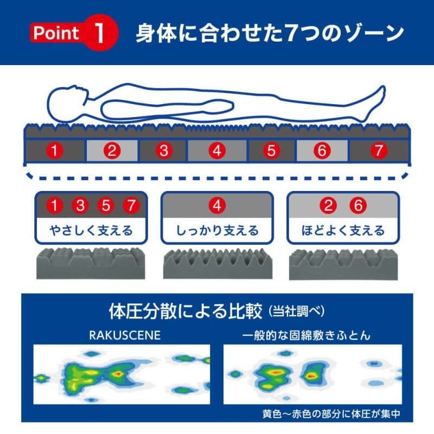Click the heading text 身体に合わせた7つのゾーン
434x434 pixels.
269,33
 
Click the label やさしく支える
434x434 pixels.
91,231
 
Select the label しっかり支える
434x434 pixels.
217,231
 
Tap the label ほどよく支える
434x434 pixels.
343,231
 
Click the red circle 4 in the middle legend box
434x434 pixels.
217,206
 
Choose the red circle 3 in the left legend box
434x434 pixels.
80,206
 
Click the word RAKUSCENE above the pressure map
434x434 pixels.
124,335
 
